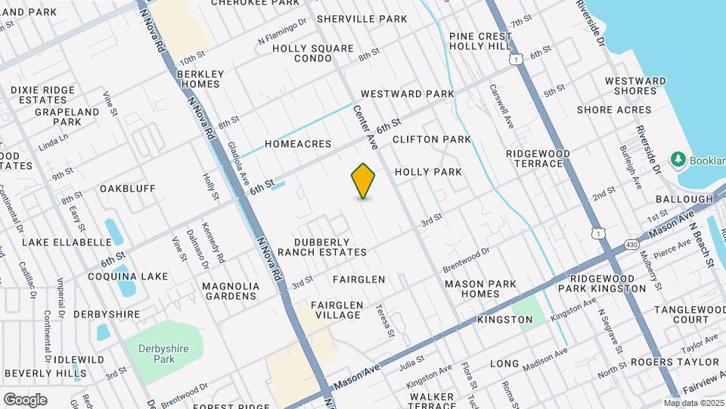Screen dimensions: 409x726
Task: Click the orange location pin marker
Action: point(364,180)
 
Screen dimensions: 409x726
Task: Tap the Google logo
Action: point(25,399)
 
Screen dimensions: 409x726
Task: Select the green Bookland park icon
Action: point(678,160)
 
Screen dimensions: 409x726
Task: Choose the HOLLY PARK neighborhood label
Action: point(428,172)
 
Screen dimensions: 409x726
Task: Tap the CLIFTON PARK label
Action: point(431,139)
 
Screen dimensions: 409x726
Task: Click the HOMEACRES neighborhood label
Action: point(298,143)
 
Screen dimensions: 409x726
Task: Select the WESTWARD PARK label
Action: point(407,94)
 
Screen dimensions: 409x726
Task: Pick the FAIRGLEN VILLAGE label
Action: point(338,310)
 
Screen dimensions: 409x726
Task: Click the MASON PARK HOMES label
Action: point(480,289)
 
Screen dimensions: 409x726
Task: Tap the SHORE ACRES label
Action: point(613,110)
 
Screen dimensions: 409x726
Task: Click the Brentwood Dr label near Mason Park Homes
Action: point(467,259)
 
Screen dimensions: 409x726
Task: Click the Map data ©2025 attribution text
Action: point(692,403)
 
